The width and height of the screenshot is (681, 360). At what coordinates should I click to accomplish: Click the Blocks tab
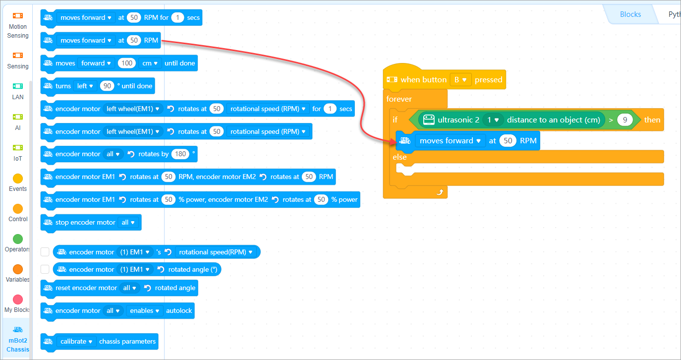pyautogui.click(x=630, y=14)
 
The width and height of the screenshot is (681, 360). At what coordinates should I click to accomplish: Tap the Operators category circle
pyautogui.click(x=18, y=239)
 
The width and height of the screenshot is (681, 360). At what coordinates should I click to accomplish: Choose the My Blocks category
pyautogui.click(x=18, y=300)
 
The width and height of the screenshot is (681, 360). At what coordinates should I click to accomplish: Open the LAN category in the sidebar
pyautogui.click(x=18, y=86)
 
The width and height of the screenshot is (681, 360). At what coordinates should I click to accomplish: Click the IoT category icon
pyautogui.click(x=18, y=148)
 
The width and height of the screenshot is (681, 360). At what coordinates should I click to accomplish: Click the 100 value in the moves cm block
pyautogui.click(x=127, y=63)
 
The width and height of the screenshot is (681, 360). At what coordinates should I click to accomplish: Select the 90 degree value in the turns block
pyautogui.click(x=107, y=86)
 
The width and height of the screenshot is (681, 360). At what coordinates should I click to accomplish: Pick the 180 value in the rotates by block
pyautogui.click(x=180, y=154)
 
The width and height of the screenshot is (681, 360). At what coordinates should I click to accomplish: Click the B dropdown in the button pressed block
pyautogui.click(x=460, y=79)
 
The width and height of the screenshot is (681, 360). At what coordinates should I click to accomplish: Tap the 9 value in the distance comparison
pyautogui.click(x=625, y=120)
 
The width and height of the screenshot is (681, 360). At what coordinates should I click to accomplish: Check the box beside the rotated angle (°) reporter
pyautogui.click(x=45, y=269)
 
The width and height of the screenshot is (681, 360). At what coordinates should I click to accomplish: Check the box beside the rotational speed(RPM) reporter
pyautogui.click(x=45, y=252)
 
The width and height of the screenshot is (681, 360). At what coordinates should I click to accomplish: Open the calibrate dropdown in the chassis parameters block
pyautogui.click(x=77, y=341)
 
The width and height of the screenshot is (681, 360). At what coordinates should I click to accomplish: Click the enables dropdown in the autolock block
pyautogui.click(x=145, y=310)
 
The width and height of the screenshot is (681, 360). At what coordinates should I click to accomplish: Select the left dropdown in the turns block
pyautogui.click(x=85, y=86)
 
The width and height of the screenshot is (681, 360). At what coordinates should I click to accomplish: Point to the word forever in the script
pyautogui.click(x=399, y=99)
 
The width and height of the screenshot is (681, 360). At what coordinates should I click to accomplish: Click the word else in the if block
pyautogui.click(x=399, y=157)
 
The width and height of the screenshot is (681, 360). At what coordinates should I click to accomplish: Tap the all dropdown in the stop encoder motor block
pyautogui.click(x=128, y=222)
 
